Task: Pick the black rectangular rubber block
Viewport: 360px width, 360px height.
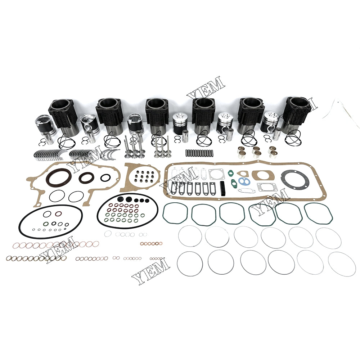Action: (222, 189)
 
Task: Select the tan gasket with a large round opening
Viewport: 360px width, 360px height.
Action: (261, 176)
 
